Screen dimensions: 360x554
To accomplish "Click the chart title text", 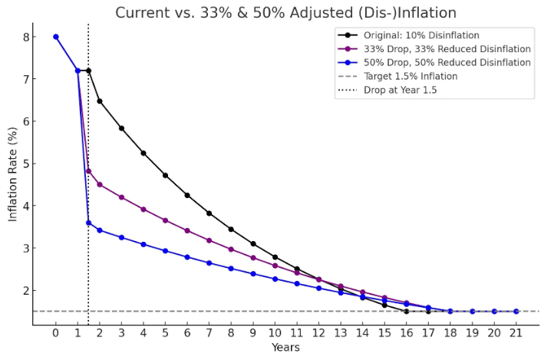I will point(286,12).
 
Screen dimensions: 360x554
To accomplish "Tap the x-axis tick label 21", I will point(516,334).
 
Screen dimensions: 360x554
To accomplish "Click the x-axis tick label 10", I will point(275,334).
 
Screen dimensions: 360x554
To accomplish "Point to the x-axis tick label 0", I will point(55,334).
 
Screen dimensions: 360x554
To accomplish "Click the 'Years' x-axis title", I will point(285,348).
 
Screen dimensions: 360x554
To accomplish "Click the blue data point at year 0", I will point(55,37).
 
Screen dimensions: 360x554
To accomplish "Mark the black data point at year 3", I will point(121,128).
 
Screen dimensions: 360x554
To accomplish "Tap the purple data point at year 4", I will point(143,209).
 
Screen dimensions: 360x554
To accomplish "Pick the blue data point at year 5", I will point(165,251).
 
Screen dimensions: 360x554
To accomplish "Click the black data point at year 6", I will point(187,195).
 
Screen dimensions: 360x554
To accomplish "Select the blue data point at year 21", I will point(516,312).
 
